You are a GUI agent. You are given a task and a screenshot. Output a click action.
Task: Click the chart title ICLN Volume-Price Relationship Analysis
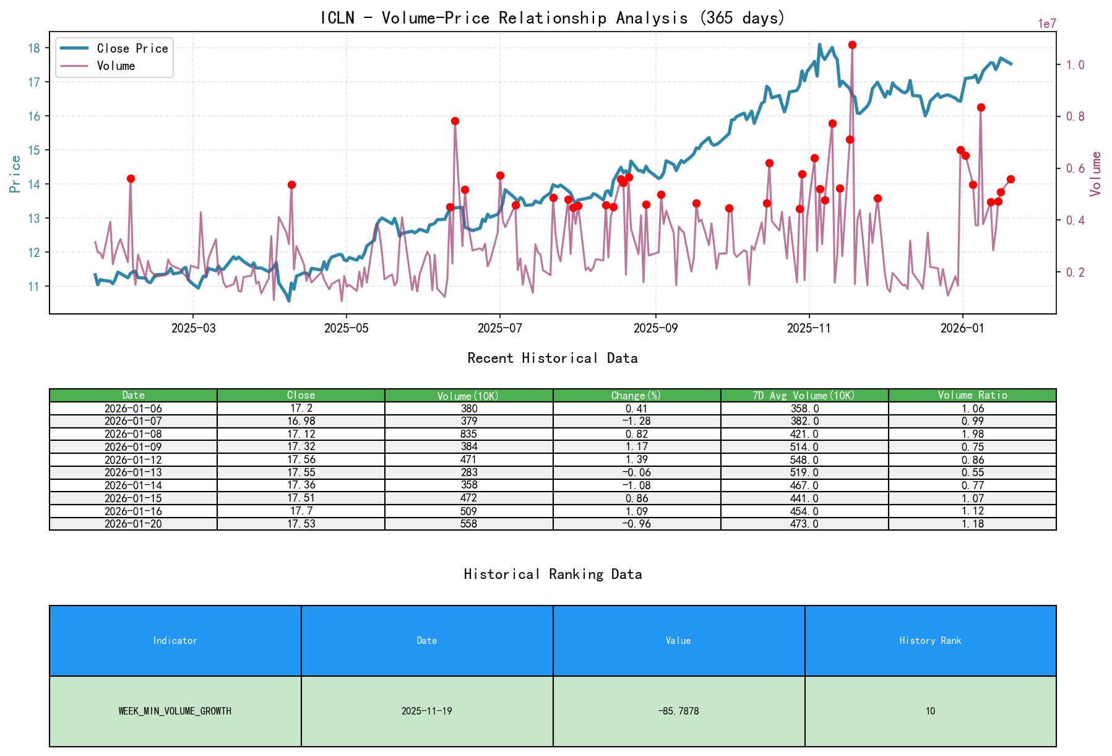(x=553, y=18)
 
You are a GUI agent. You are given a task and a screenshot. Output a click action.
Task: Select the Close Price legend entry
(x=132, y=48)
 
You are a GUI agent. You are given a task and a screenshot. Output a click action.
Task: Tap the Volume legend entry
(x=116, y=66)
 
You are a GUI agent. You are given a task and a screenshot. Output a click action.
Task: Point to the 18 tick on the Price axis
(x=35, y=48)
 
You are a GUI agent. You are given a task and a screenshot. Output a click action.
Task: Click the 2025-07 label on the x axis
(x=499, y=328)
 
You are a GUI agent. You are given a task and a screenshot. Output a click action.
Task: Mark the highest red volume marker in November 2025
(x=852, y=45)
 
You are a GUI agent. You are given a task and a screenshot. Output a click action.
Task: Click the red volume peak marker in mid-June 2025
(x=455, y=121)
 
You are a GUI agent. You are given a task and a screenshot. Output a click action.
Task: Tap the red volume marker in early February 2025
(x=131, y=178)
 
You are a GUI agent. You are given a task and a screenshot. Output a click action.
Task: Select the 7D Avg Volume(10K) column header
(x=804, y=395)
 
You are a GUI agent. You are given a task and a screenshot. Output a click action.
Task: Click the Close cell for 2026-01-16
(x=301, y=511)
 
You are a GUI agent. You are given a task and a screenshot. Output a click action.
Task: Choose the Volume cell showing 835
(x=468, y=434)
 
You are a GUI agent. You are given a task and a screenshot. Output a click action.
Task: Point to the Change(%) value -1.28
(x=636, y=421)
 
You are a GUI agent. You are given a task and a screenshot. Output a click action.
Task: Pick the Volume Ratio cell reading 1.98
(x=972, y=434)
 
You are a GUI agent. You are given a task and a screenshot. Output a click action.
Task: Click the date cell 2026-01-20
(x=133, y=524)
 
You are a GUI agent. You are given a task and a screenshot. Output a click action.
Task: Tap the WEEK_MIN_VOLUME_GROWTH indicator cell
(x=175, y=711)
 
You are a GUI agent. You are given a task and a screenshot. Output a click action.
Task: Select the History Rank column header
(x=930, y=640)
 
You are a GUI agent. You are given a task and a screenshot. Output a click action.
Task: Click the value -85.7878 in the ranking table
(x=678, y=711)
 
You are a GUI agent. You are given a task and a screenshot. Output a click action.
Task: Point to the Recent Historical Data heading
(x=553, y=358)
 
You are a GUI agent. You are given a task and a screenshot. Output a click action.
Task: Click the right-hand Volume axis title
(x=1096, y=173)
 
